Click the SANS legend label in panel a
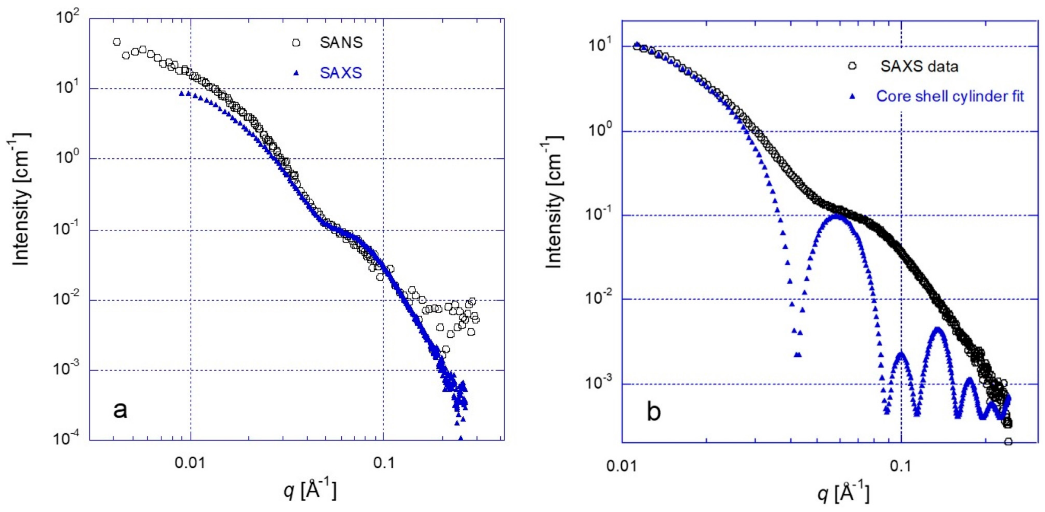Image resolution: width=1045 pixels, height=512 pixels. [341, 43]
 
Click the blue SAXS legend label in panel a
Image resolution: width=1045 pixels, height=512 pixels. [341, 73]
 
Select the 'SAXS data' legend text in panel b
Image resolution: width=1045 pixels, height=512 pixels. [919, 66]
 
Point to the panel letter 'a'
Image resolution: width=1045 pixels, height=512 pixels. [120, 410]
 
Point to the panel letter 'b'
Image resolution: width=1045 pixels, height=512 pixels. [653, 411]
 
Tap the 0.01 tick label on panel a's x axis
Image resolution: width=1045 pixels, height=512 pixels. [190, 463]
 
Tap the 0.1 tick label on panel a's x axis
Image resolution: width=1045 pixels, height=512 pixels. [383, 463]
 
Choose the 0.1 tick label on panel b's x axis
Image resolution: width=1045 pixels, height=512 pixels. [901, 466]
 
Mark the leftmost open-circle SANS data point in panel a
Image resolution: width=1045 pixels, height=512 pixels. [117, 42]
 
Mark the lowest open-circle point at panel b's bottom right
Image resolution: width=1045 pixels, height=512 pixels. [1008, 442]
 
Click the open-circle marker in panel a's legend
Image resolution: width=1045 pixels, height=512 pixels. [297, 43]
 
